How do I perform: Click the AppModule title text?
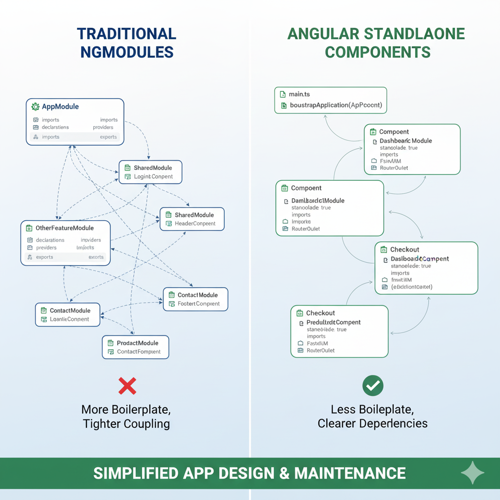[x=60, y=106]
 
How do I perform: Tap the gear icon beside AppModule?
[x=35, y=106]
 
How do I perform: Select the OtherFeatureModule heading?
[x=64, y=228]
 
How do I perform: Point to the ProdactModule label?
[x=138, y=343]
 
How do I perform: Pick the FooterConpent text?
[x=199, y=304]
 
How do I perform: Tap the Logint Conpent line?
[x=153, y=176]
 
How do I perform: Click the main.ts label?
[x=299, y=94]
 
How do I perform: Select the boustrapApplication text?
[x=335, y=105]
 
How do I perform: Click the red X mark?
[x=127, y=386]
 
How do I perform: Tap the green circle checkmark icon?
[x=373, y=386]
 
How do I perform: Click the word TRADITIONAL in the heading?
[x=126, y=34]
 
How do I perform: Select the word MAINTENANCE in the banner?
[x=350, y=473]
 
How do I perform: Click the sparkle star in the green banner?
[x=473, y=473]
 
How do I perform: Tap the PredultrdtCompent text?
[x=333, y=322]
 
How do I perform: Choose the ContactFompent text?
[x=139, y=352]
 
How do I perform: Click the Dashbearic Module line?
[x=405, y=141]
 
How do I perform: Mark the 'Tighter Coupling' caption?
[x=126, y=423]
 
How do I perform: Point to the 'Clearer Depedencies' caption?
[x=373, y=423]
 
